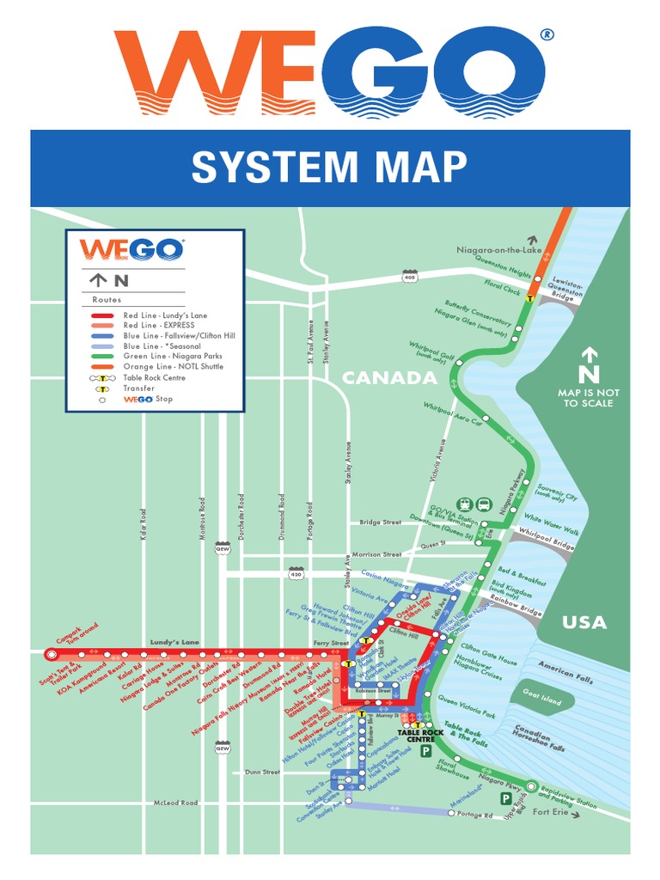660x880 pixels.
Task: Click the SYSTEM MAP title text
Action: point(329,167)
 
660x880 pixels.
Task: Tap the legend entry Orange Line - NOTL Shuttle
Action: point(172,367)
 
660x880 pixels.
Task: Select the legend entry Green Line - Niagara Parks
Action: point(173,357)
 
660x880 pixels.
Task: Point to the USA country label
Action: point(584,622)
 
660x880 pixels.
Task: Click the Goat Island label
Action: point(540,699)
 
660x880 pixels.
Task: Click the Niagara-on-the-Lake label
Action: point(495,250)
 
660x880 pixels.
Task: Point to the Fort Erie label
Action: point(551,813)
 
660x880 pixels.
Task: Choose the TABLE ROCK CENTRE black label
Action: point(421,736)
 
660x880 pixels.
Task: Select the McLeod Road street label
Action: point(175,803)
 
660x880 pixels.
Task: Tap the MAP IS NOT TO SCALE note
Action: point(589,398)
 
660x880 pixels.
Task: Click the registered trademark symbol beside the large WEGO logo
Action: point(547,34)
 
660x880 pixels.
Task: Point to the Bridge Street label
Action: point(380,522)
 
